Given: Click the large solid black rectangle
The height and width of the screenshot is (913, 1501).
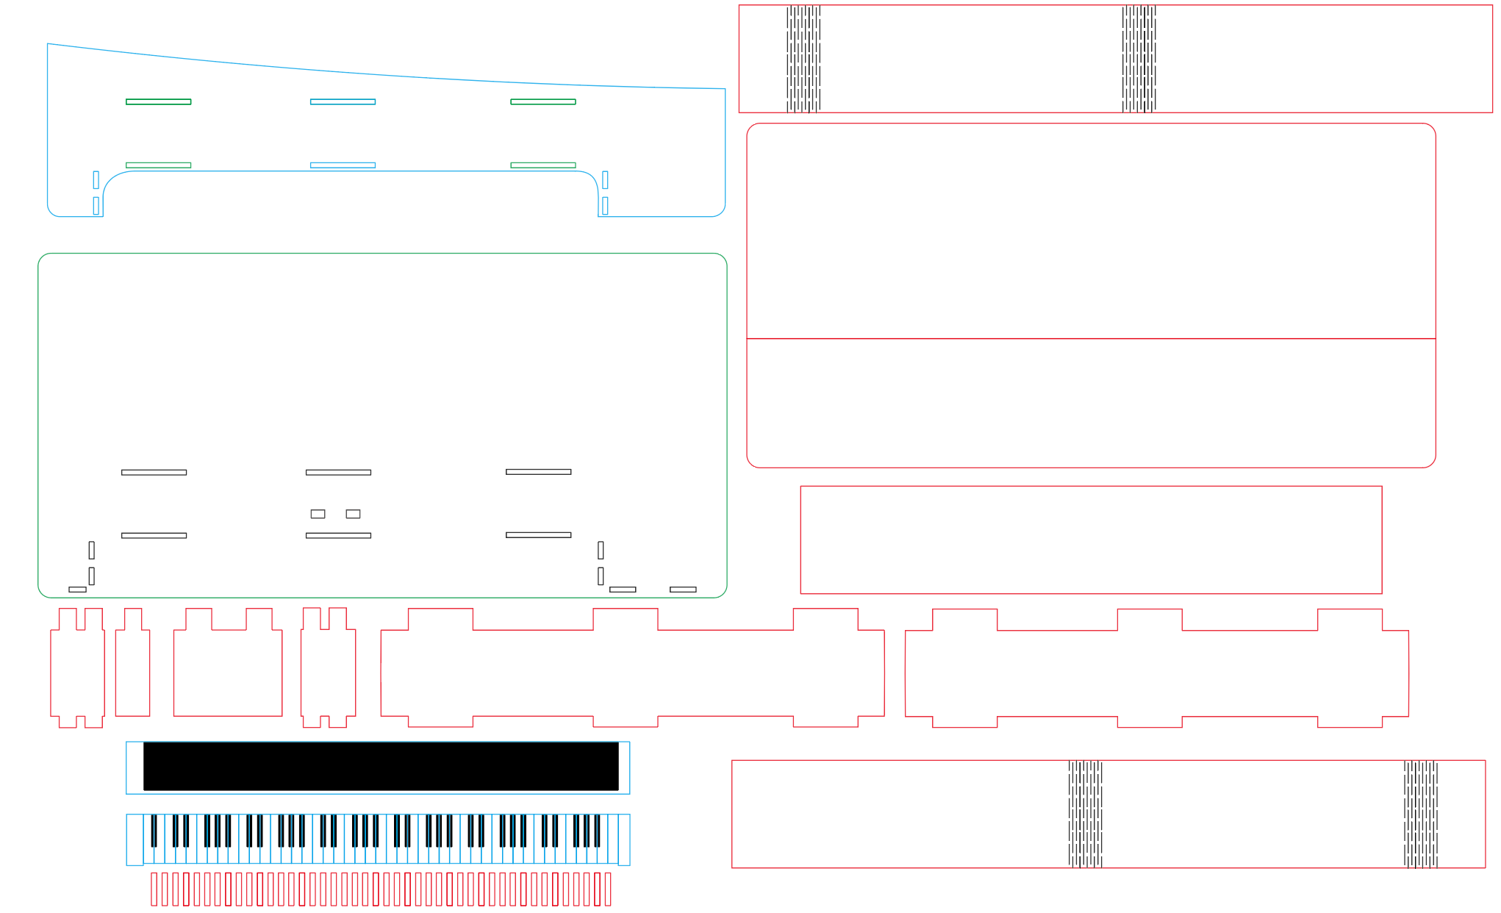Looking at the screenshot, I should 381,766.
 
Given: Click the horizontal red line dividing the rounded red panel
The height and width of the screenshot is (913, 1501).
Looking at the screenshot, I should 1091,339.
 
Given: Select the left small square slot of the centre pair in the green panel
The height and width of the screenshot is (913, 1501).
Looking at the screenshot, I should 318,514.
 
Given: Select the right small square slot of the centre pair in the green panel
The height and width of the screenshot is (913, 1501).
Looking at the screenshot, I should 353,514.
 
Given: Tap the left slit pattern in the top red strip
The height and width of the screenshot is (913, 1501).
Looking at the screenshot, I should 803,59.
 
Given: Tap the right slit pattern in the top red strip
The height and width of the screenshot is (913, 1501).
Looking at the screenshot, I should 1139,59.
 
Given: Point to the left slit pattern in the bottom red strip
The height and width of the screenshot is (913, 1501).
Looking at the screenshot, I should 1085,814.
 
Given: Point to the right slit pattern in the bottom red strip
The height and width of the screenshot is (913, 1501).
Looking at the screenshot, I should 1420,814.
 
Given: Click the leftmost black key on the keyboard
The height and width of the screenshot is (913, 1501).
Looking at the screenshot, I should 154,831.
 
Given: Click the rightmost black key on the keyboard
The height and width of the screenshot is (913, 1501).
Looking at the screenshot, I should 597,831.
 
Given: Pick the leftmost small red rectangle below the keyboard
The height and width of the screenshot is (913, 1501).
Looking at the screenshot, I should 154,889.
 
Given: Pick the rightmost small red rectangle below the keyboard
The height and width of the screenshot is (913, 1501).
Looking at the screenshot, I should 608,889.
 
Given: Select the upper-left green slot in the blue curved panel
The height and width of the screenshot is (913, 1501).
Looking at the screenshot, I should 158,101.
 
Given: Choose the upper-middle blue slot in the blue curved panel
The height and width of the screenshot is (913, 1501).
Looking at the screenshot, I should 343,101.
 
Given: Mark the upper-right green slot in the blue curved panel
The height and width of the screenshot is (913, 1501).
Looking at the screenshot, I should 543,101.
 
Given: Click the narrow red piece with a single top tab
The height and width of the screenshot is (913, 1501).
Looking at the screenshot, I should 133,669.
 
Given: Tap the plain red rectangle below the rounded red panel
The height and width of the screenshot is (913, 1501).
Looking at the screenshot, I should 1091,540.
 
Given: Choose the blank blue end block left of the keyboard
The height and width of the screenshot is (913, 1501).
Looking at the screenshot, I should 135,839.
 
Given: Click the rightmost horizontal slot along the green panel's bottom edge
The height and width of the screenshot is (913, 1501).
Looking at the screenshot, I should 683,590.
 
